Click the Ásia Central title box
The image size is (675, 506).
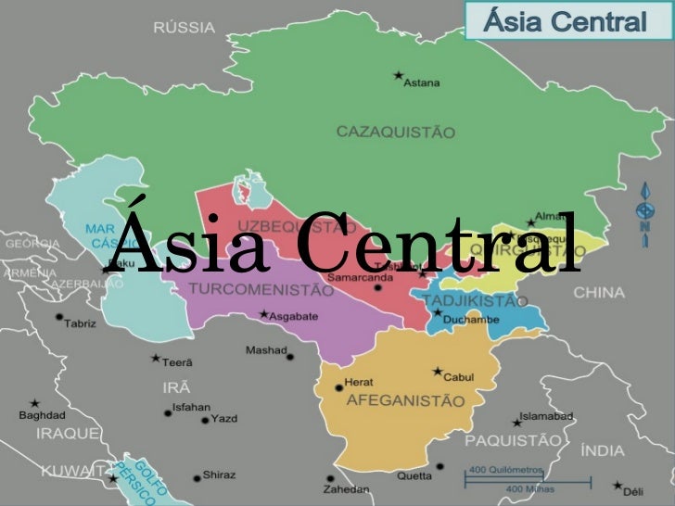click(566, 21)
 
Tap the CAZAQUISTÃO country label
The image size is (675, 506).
click(395, 133)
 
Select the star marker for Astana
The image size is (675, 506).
click(399, 74)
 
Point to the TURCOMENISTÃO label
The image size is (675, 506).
click(261, 290)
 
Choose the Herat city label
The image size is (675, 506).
click(359, 382)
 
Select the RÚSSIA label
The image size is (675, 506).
click(184, 28)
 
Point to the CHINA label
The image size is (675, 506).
click(598, 292)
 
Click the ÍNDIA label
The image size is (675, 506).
click(602, 451)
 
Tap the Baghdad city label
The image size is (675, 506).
click(42, 415)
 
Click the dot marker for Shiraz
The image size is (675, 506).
click(197, 478)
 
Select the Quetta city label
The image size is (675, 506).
click(414, 476)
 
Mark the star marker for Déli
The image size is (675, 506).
click(617, 483)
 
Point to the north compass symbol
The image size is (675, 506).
click(643, 212)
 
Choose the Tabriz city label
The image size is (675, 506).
click(81, 323)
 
